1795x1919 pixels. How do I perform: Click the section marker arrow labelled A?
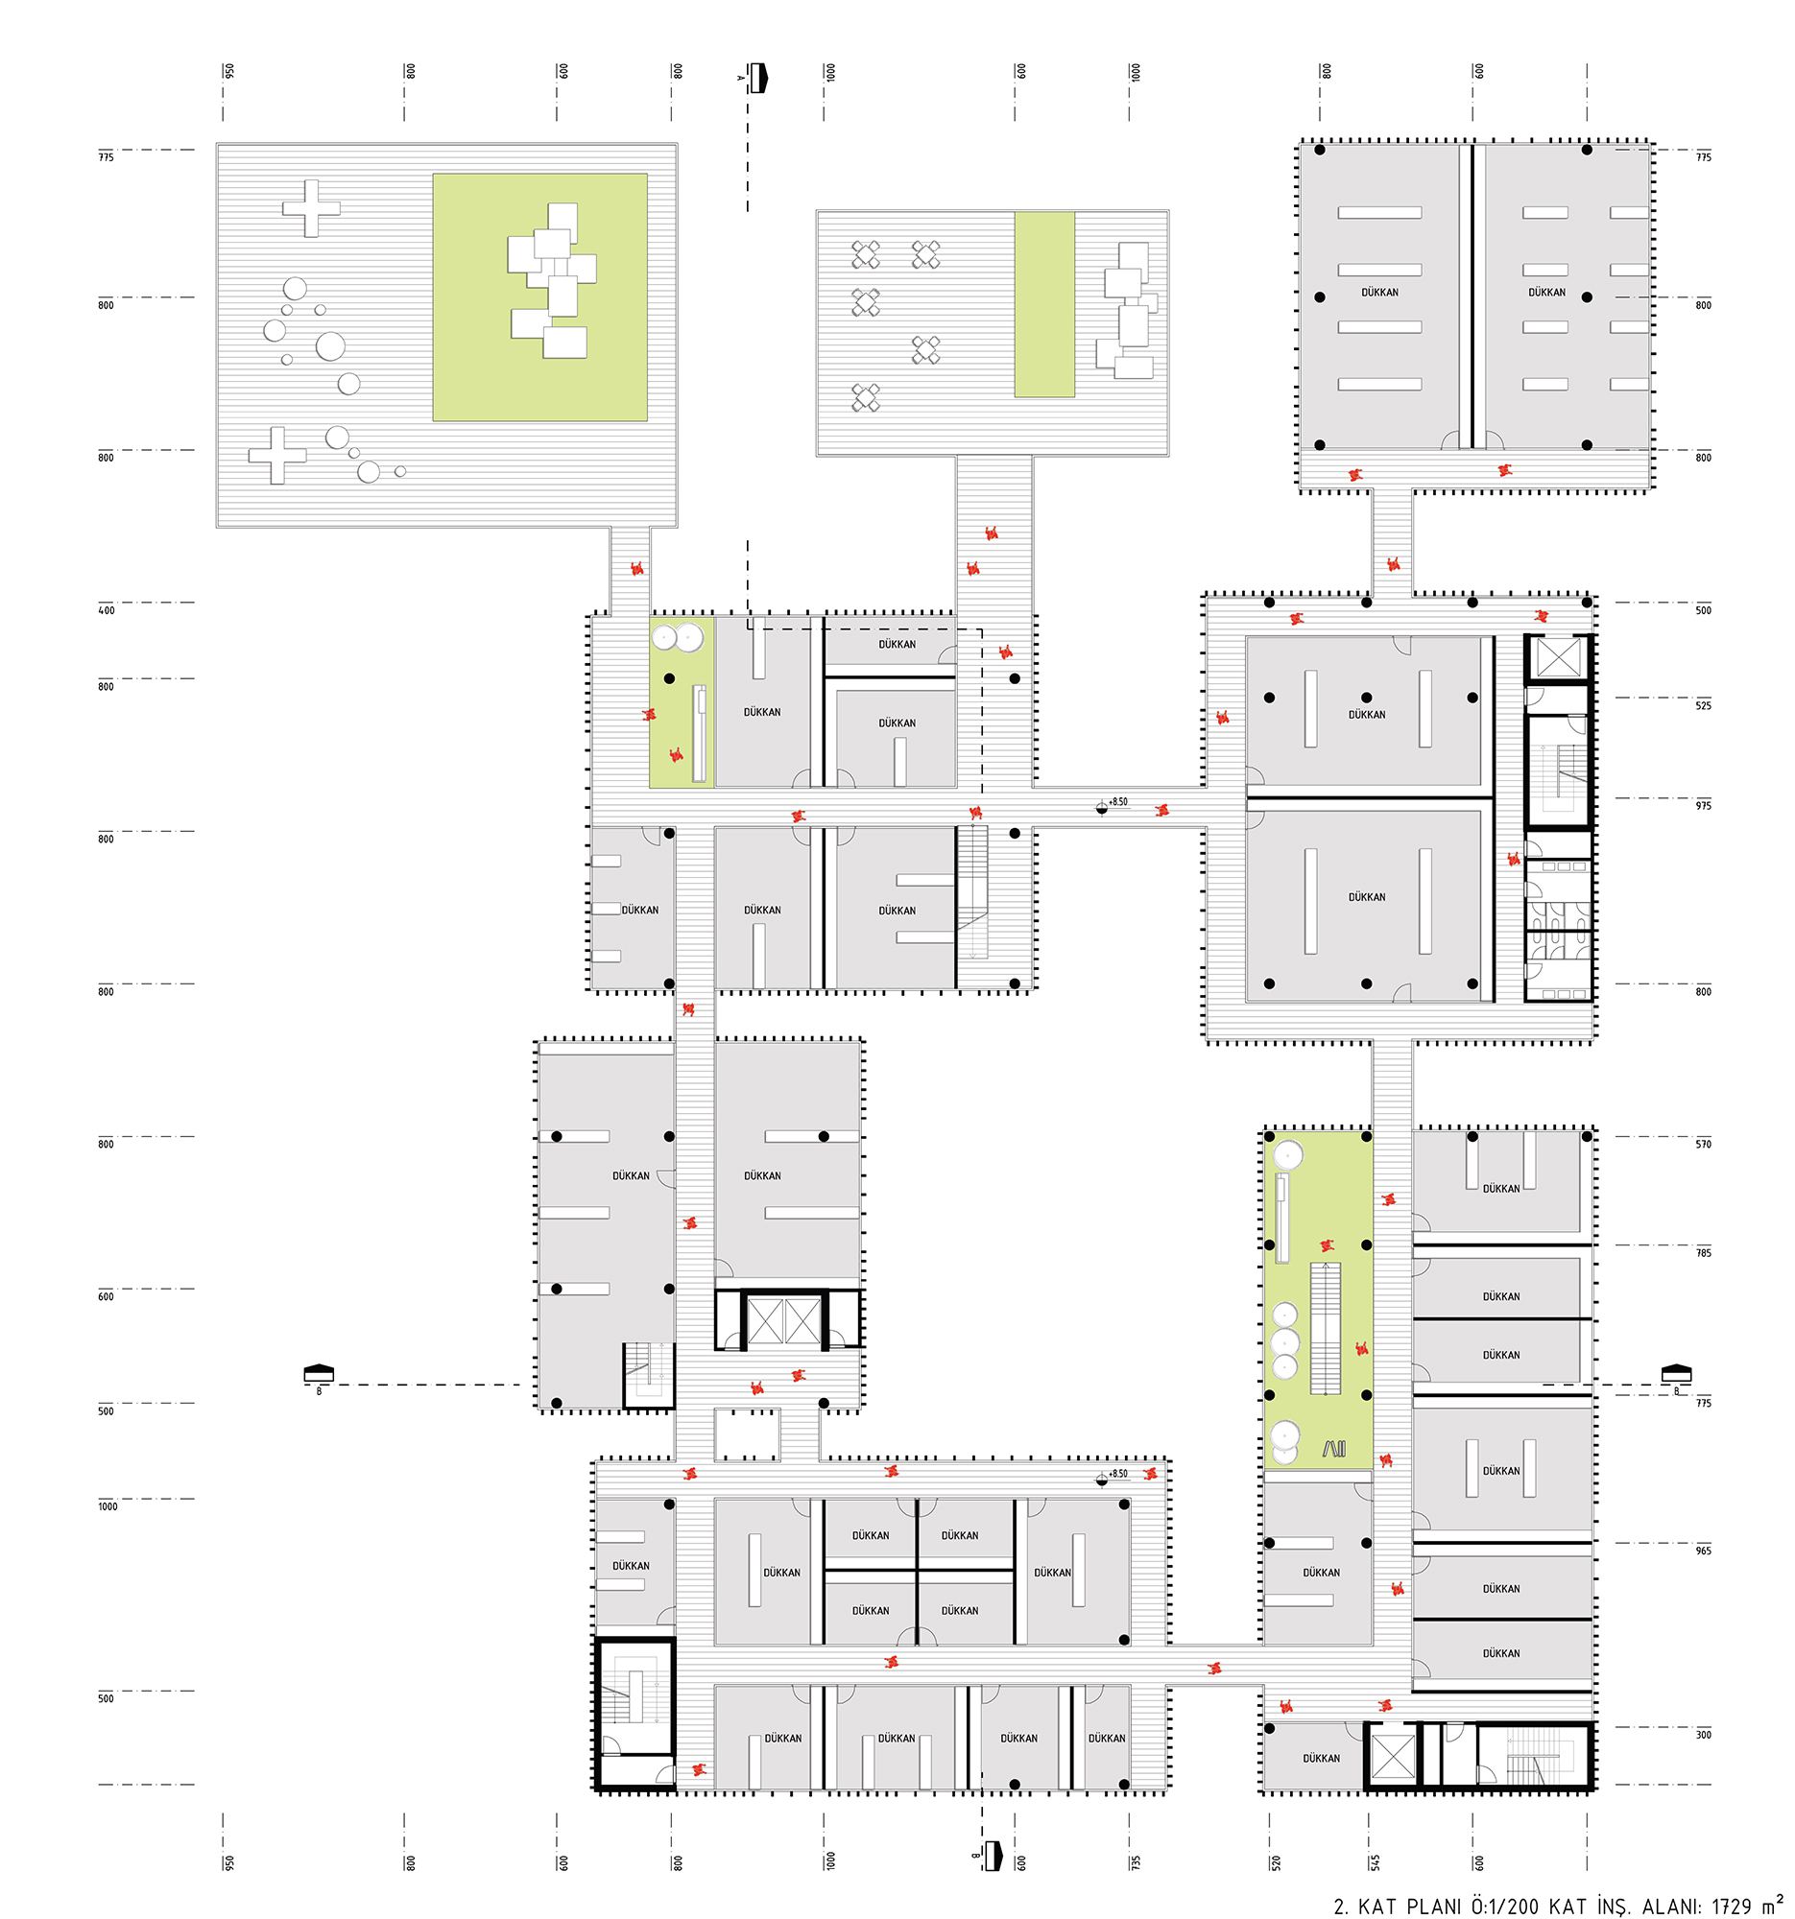pos(758,77)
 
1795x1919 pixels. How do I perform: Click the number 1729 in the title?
pos(1731,1907)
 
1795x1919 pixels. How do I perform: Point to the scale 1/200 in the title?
pos(1506,1907)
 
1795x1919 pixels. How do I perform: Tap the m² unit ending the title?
pos(1772,1904)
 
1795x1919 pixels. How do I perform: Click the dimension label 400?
pos(107,610)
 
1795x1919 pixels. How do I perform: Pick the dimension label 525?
pos(1703,705)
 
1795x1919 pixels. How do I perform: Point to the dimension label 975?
pos(1703,805)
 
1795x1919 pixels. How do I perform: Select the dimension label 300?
pos(1703,1735)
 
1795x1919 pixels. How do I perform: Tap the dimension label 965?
pos(1703,1551)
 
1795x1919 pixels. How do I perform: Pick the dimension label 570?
pos(1703,1144)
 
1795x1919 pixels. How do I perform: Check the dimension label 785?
pos(1703,1253)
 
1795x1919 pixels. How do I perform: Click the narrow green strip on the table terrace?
pos(1043,304)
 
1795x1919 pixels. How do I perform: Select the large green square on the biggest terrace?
pos(539,297)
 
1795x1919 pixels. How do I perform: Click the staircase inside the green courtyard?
pos(1325,1327)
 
